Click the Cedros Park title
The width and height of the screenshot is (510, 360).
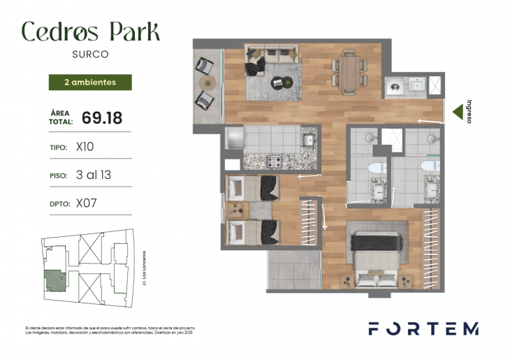coord(90,31)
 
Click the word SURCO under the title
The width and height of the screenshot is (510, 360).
coord(89,53)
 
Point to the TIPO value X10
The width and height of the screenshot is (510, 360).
coord(85,147)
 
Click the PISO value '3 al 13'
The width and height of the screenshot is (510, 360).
coord(93,175)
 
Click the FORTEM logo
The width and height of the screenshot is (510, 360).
coord(423,329)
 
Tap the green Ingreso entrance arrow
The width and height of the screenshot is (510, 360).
coord(458,110)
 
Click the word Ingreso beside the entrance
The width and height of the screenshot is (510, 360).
coord(469,110)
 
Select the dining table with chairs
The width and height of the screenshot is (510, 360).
coord(349,71)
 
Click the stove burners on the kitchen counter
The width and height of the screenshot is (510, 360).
coord(272,162)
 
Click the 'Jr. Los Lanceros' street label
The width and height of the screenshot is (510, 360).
coord(143,268)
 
